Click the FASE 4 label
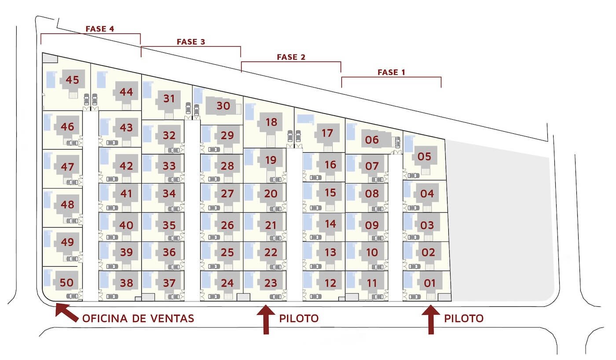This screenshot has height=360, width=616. (100, 29)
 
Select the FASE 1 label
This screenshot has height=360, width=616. (391, 72)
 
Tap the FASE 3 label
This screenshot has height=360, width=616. (191, 42)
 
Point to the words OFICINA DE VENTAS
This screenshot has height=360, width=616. (138, 319)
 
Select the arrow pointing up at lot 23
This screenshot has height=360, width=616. (266, 320)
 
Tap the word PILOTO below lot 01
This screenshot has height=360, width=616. (464, 319)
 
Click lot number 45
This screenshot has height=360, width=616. (72, 80)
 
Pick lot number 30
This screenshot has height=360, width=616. (223, 106)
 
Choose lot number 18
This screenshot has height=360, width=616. (271, 122)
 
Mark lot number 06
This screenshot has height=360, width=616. (372, 140)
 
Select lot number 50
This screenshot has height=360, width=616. (66, 283)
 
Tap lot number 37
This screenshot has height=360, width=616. (169, 283)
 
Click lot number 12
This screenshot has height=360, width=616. (330, 283)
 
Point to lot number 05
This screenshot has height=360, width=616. (424, 157)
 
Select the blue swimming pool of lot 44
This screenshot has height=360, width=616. (102, 80)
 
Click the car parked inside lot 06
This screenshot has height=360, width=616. (397, 143)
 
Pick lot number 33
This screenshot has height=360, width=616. (169, 166)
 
